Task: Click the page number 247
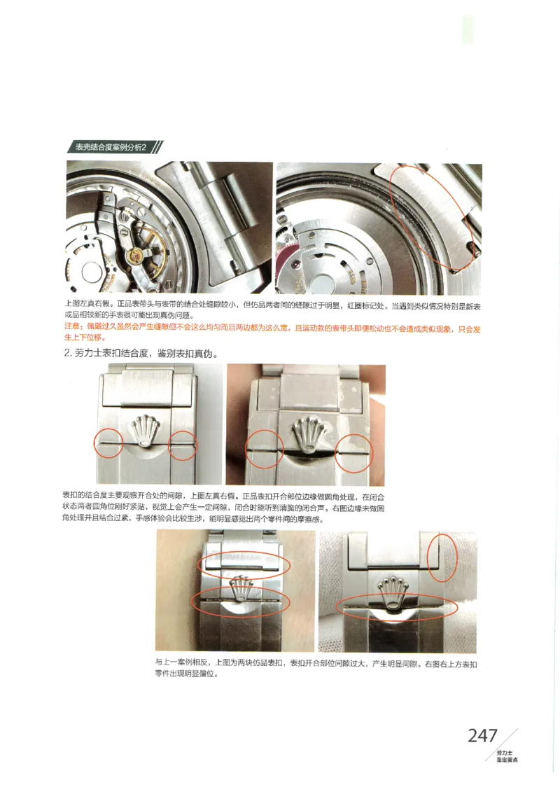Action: pyautogui.click(x=482, y=736)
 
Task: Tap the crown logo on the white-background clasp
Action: pyautogui.click(x=146, y=429)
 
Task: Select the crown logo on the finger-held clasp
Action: pyautogui.click(x=305, y=435)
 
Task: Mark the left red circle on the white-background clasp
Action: pyautogui.click(x=108, y=443)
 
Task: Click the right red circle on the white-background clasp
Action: pyautogui.click(x=183, y=445)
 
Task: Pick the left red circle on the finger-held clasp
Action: pyautogui.click(x=264, y=447)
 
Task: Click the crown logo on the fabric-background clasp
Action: pyautogui.click(x=393, y=592)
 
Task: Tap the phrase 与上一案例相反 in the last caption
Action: pyautogui.click(x=183, y=662)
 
